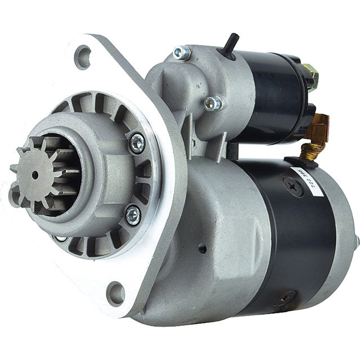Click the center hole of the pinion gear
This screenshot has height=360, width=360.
(x=35, y=175)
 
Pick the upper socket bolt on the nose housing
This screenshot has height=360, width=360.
(x=137, y=143)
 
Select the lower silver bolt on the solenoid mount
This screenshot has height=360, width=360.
(x=212, y=102)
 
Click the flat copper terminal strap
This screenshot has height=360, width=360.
(x=321, y=121)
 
